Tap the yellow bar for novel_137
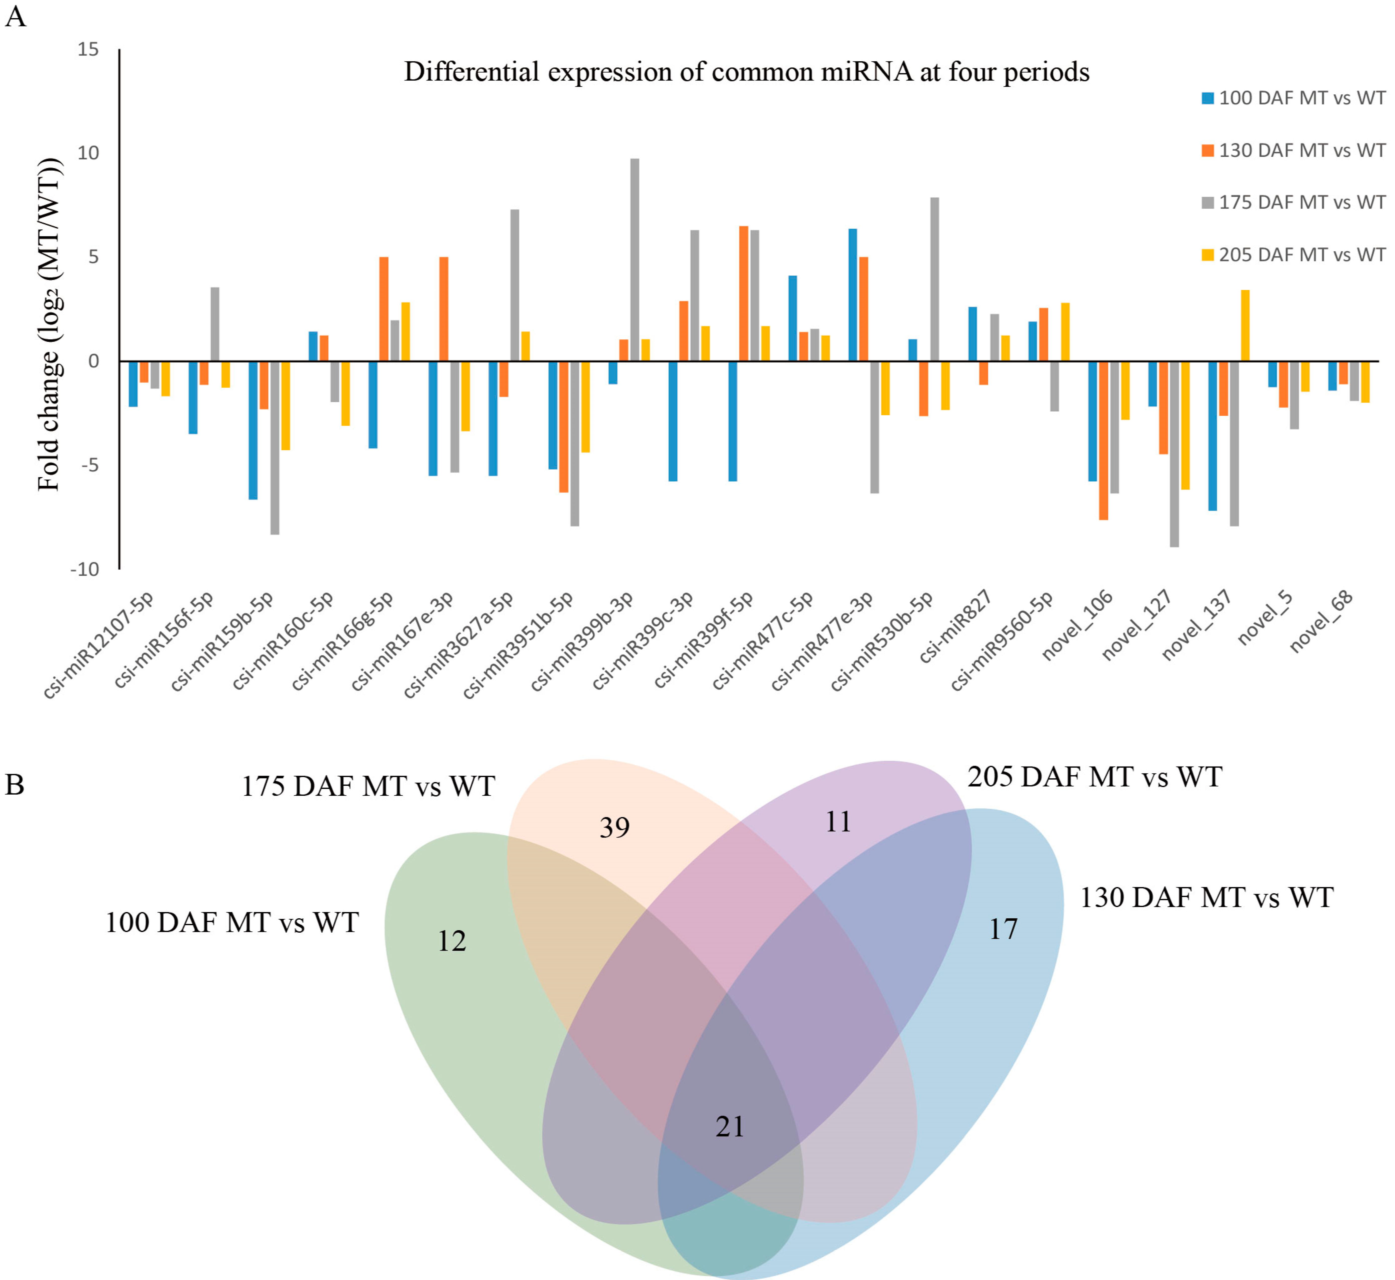[x=1245, y=326]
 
